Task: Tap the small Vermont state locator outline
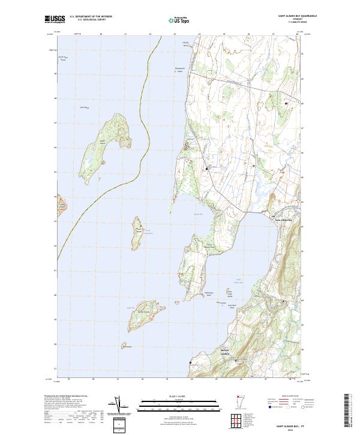coord(246,403)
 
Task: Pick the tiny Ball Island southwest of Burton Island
coord(125,346)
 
